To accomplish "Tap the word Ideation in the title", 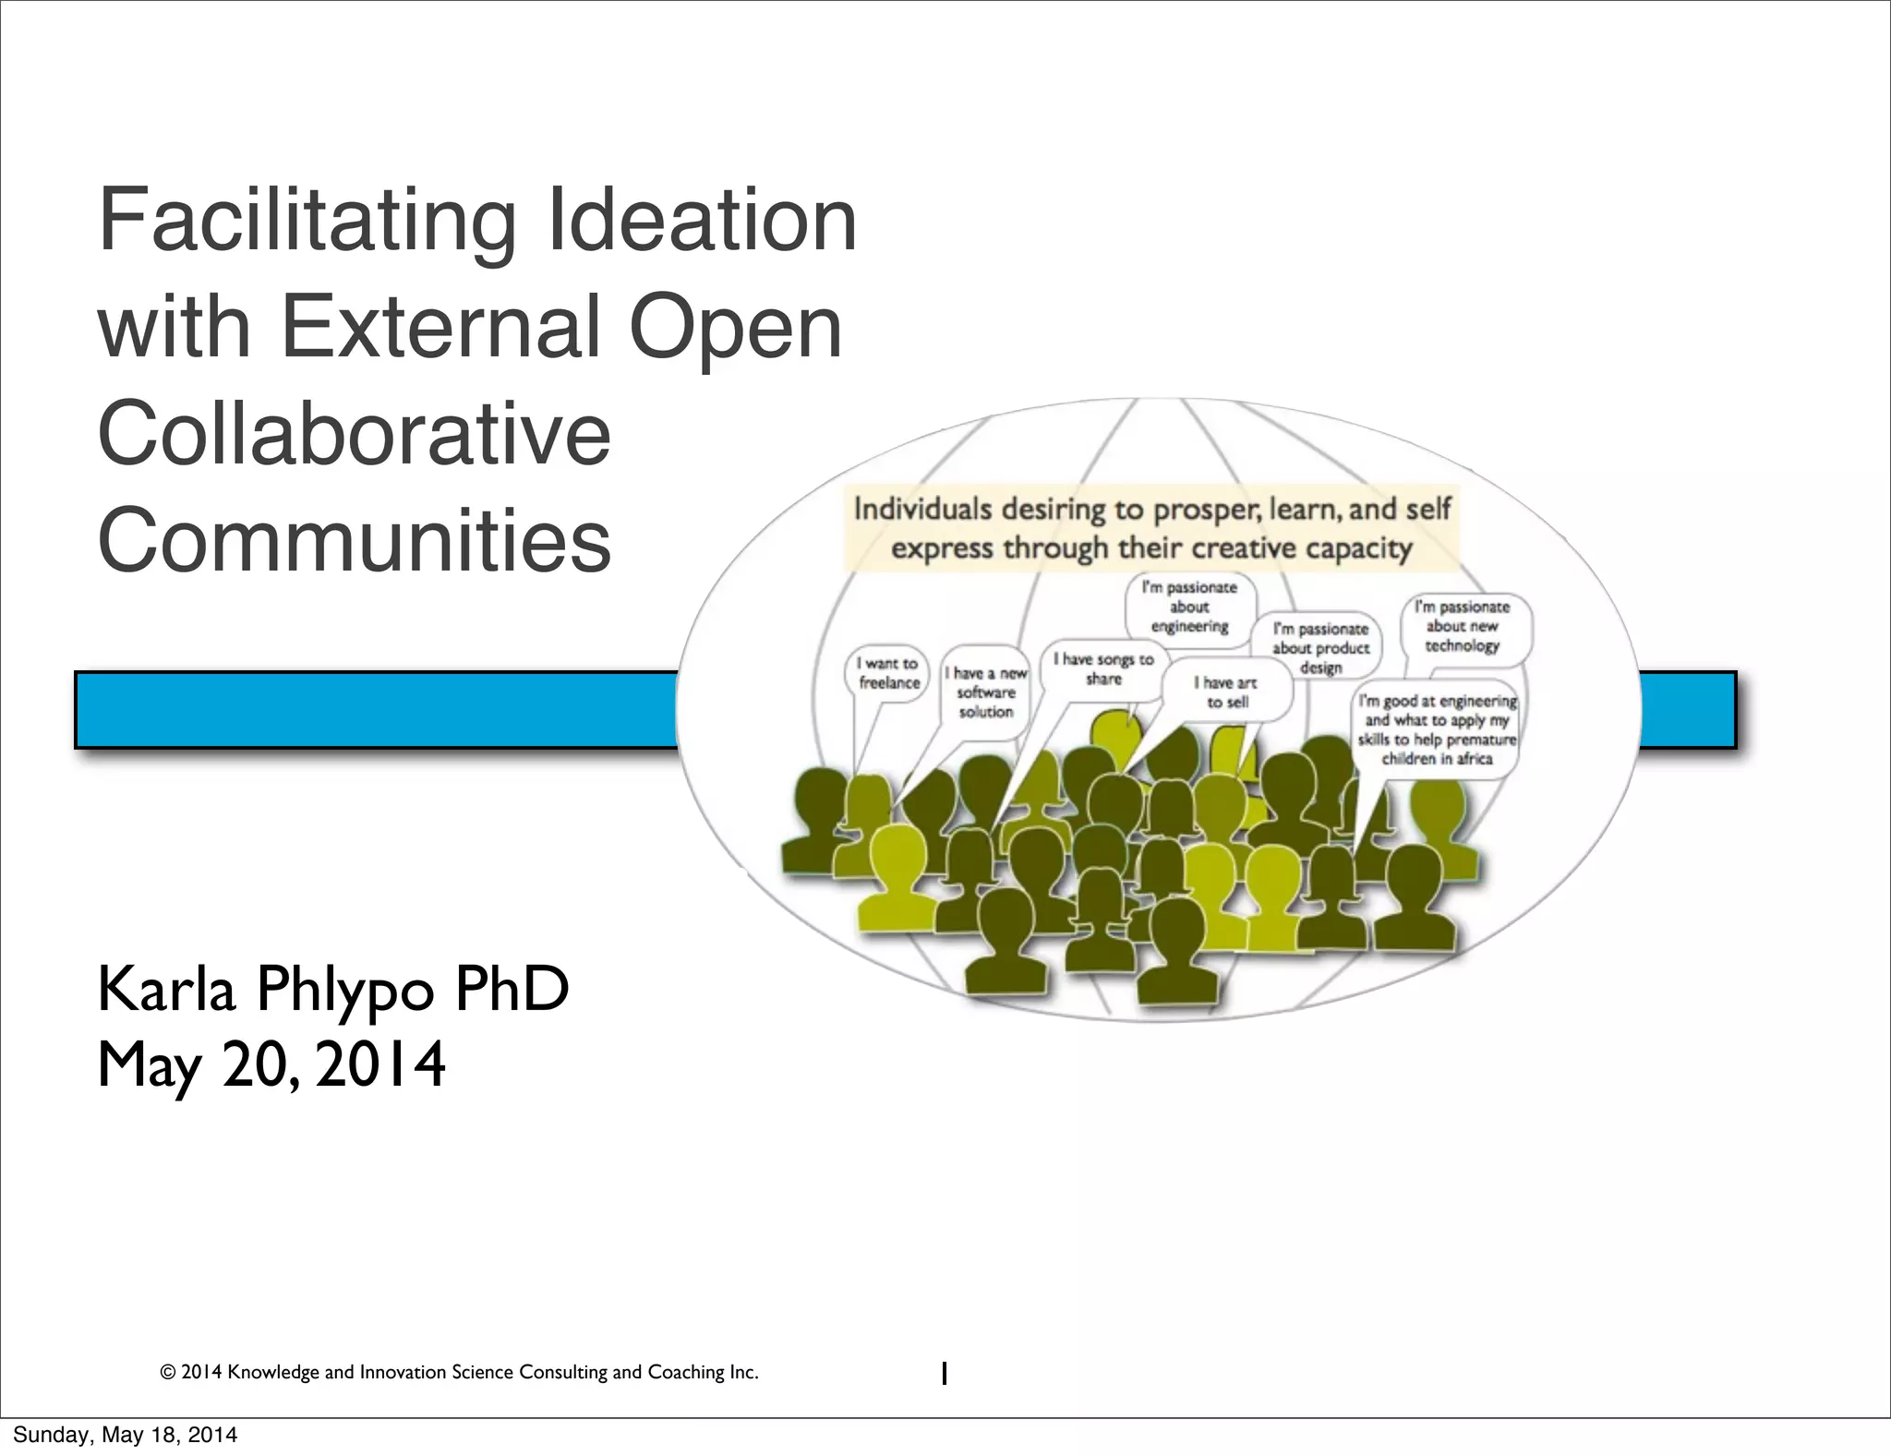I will click(x=702, y=222).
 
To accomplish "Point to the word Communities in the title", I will click(x=355, y=540).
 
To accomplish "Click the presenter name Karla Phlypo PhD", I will click(x=333, y=989).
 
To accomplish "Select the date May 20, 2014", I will click(x=271, y=1064).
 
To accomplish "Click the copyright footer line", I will click(x=459, y=1372).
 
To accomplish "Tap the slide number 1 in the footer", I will click(x=943, y=1374).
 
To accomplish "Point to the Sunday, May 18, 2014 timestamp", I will click(x=125, y=1435).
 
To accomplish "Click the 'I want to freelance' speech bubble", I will click(x=888, y=673).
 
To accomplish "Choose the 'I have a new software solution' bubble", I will click(x=985, y=692).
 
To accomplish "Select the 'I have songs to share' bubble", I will click(x=1103, y=668).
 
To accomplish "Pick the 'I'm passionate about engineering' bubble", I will click(x=1189, y=607).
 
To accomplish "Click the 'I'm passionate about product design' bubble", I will click(x=1320, y=647).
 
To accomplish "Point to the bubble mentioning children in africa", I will click(x=1437, y=729).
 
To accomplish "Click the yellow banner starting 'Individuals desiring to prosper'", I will click(x=1151, y=528).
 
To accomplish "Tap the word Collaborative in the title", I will click(x=355, y=434).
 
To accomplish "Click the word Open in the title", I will click(x=735, y=327).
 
